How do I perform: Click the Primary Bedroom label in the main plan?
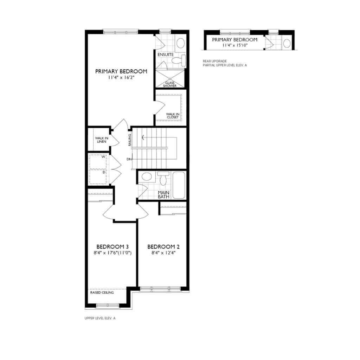point(121,71)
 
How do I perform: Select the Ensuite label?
point(166,55)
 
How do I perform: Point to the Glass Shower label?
point(170,84)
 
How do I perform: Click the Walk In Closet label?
point(173,115)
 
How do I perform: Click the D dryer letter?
point(104,172)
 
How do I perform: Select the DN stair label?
point(129,159)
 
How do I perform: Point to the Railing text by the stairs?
point(130,140)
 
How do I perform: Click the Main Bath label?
point(163,194)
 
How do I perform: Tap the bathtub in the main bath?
point(179,185)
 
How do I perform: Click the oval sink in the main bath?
point(147,176)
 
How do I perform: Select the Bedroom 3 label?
point(110,246)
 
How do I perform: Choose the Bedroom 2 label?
point(161,246)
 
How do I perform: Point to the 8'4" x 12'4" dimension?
point(161,252)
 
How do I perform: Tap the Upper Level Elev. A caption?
point(100,318)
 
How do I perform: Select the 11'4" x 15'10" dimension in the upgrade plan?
point(234,45)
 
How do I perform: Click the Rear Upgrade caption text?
point(212,61)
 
